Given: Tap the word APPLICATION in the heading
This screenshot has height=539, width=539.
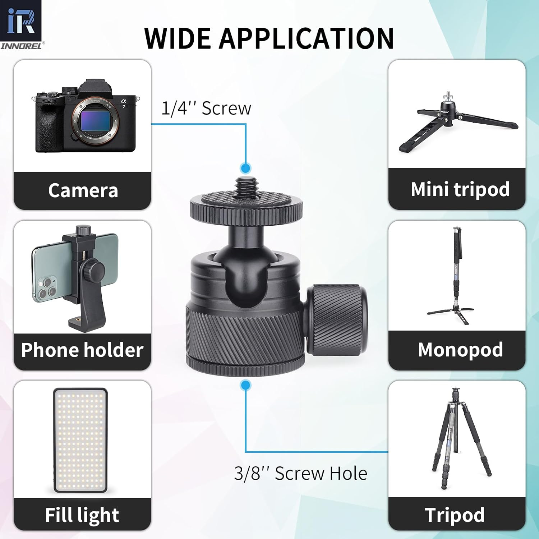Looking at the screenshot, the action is [x=307, y=38].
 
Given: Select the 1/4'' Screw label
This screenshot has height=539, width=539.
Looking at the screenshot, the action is [x=206, y=108].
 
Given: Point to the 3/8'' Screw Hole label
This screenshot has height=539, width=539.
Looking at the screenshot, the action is [x=300, y=473].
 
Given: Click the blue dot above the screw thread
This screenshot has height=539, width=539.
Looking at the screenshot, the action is [x=246, y=168].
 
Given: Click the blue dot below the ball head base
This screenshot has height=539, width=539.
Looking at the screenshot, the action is [x=246, y=385].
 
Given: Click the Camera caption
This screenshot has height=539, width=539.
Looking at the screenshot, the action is [x=83, y=190].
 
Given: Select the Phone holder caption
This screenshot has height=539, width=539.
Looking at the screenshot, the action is [x=82, y=350].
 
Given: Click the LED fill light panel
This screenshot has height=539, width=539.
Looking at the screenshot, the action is [x=80, y=440].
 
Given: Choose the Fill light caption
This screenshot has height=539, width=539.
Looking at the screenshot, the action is [x=82, y=515].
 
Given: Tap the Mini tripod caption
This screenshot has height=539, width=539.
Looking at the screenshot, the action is [x=460, y=189].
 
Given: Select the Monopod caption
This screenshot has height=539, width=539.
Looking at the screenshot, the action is [x=460, y=350].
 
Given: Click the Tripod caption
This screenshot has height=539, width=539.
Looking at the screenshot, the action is [x=455, y=515].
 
